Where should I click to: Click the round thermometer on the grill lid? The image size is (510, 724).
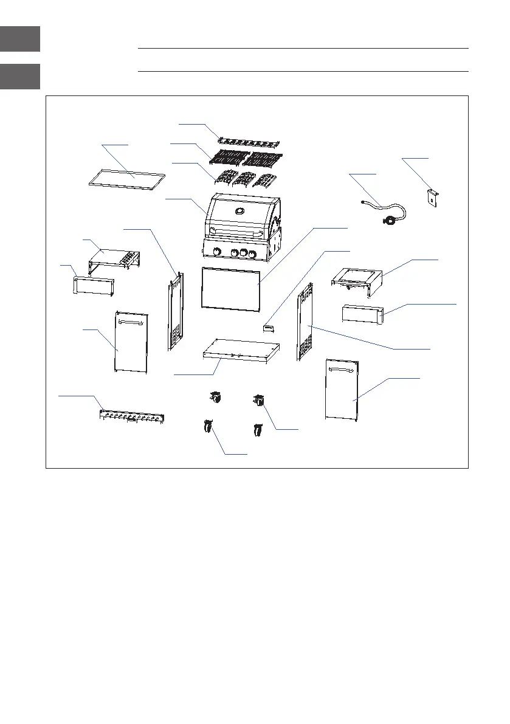(240, 212)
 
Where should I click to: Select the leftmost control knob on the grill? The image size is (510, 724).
(217, 252)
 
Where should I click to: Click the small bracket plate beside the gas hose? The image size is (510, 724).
(432, 198)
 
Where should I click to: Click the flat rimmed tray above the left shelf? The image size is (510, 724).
(127, 179)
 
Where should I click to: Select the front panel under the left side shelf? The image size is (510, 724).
(94, 286)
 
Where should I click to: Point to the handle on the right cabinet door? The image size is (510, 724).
(342, 367)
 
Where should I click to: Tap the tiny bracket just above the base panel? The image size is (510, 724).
(268, 328)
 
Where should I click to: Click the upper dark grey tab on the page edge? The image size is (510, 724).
(20, 39)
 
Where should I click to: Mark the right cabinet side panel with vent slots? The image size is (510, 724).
(305, 322)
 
